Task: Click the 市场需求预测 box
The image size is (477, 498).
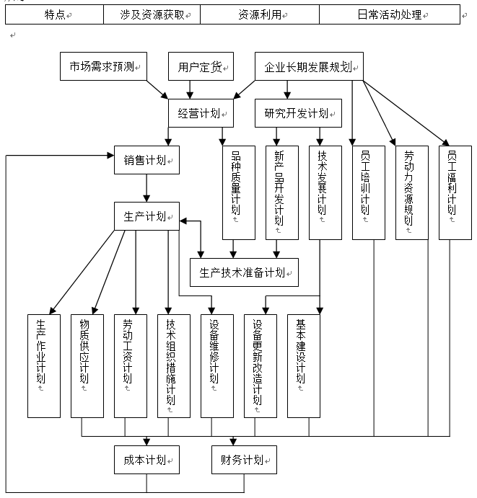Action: coord(103,67)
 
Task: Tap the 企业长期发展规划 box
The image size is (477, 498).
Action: coord(309,67)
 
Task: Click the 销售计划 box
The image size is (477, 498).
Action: coord(146,159)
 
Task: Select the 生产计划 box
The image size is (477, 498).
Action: coord(146,216)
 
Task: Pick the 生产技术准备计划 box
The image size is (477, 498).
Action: coord(244,272)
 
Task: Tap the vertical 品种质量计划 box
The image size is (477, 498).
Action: coord(238,192)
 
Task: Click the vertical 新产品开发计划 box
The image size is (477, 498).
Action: coord(281,192)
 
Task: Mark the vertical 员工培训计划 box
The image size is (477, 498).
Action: coord(368,192)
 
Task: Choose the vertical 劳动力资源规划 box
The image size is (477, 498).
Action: coord(411,192)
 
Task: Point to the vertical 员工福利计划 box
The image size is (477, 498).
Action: coord(455,192)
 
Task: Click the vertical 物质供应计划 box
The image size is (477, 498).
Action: coord(87,365)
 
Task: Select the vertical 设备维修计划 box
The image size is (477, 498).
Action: coord(217,365)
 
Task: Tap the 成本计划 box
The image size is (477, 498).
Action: coord(146,459)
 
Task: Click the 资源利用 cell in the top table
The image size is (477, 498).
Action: coord(259,14)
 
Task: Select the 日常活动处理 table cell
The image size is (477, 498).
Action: coord(389,14)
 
